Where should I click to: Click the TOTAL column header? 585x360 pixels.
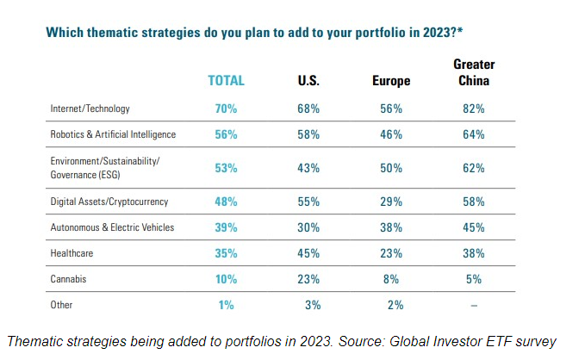click(227, 80)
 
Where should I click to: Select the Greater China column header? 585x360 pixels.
click(474, 72)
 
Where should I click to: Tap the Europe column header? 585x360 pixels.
click(390, 81)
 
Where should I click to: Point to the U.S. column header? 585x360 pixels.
click(308, 81)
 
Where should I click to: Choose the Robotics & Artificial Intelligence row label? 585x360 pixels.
click(113, 135)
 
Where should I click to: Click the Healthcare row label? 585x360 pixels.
click(73, 254)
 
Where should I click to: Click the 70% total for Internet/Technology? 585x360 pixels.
click(227, 109)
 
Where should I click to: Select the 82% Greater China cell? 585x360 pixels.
click(474, 109)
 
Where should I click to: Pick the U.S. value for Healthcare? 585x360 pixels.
click(308, 254)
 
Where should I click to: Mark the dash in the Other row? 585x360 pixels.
click(474, 306)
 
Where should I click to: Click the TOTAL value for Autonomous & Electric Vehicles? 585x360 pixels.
click(227, 227)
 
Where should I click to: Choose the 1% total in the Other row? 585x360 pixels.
click(227, 306)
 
